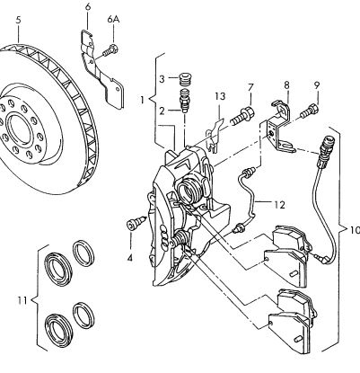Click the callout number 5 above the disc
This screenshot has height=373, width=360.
click(19, 21)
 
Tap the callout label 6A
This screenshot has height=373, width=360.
click(113, 20)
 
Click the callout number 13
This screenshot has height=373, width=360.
click(220, 96)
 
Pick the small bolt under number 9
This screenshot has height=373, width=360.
click(309, 111)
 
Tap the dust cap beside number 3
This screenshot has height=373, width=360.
click(185, 79)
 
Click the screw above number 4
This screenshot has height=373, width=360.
click(136, 224)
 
